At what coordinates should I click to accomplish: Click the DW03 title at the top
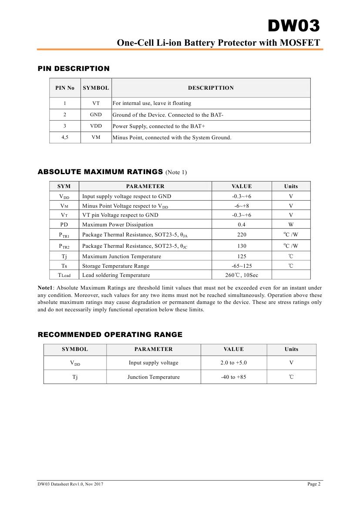pyautogui.click(x=293, y=27)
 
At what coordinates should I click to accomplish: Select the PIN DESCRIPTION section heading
pyautogui.click(x=74, y=68)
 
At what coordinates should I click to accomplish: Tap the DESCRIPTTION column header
pyautogui.click(x=211, y=88)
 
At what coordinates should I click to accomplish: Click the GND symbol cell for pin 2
pyautogui.click(x=96, y=115)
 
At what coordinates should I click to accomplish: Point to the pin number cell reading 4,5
pyautogui.click(x=65, y=138)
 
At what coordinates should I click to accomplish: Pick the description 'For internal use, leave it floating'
pyautogui.click(x=152, y=104)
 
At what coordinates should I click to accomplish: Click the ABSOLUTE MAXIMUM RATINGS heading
pyautogui.click(x=100, y=172)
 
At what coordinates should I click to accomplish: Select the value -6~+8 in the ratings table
pyautogui.click(x=242, y=206)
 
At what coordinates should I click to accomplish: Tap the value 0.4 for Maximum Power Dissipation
pyautogui.click(x=242, y=225)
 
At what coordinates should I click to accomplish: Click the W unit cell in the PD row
pyautogui.click(x=291, y=225)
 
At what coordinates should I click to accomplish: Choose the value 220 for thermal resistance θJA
pyautogui.click(x=242, y=235)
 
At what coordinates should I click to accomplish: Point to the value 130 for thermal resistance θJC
pyautogui.click(x=242, y=246)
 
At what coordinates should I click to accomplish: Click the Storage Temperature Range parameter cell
pyautogui.click(x=116, y=266)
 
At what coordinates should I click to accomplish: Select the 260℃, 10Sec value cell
pyautogui.click(x=242, y=275)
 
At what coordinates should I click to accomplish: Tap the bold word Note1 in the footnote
pyautogui.click(x=45, y=288)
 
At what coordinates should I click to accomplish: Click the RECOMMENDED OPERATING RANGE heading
pyautogui.click(x=110, y=334)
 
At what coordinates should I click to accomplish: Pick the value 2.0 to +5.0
pyautogui.click(x=233, y=363)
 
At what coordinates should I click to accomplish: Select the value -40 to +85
pyautogui.click(x=233, y=377)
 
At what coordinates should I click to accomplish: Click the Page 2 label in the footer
pyautogui.click(x=314, y=484)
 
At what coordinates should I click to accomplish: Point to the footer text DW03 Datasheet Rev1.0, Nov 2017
pyautogui.click(x=71, y=484)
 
